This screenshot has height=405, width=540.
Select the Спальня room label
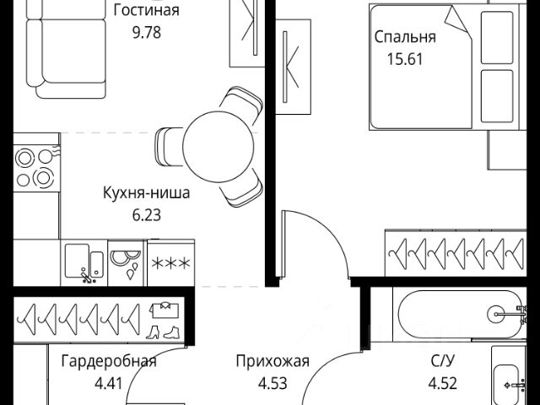tap(405, 37)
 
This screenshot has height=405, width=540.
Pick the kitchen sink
tap(84, 262)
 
